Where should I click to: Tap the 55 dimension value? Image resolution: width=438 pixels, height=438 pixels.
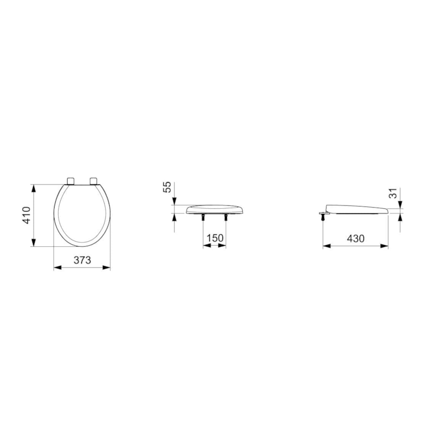(x=167, y=187)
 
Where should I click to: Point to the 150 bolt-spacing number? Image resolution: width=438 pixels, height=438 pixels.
(x=214, y=238)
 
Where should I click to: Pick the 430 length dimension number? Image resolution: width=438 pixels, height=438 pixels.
(x=356, y=238)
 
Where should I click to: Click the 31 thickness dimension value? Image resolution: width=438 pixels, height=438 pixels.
(x=392, y=193)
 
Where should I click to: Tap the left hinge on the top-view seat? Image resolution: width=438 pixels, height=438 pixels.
(x=71, y=180)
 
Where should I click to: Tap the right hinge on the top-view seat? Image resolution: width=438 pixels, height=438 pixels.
(x=93, y=180)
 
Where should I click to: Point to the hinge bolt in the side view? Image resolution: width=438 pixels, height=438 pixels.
(x=323, y=214)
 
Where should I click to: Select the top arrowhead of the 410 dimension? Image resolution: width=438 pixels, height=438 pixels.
(x=34, y=187)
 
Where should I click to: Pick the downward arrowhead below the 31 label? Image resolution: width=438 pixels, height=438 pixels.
(x=402, y=205)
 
